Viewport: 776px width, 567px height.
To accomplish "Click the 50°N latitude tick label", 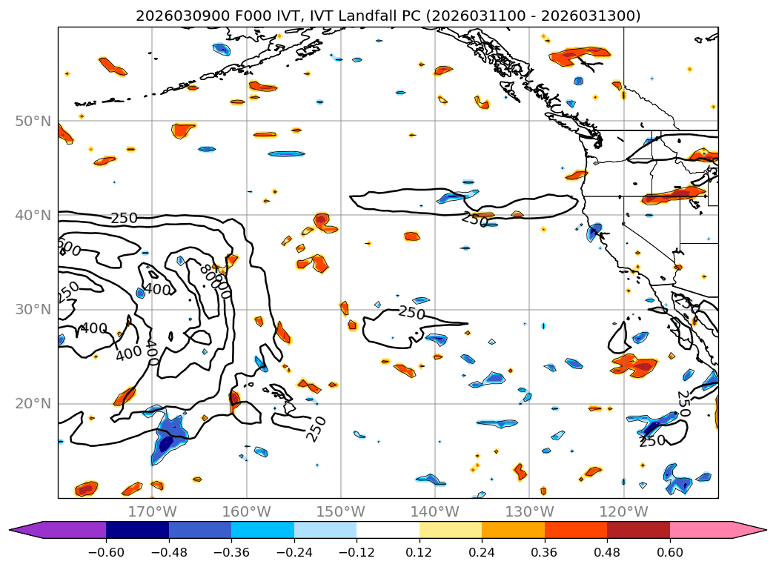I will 33,121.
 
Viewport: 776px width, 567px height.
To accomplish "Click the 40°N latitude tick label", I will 33,215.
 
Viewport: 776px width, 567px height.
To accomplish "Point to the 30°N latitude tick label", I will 33,309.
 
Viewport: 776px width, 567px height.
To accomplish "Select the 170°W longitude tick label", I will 152,511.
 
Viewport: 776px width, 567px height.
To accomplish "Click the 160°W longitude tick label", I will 246,511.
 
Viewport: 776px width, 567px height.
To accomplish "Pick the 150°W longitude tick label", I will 340,511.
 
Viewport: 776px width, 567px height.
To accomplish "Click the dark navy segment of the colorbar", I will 137,530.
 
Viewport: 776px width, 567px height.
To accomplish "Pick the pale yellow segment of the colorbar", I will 451,530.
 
